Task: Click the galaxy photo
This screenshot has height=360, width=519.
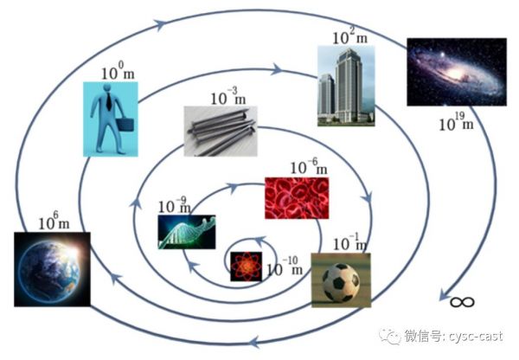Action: [x=457, y=72]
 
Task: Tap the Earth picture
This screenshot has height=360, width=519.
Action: [x=52, y=269]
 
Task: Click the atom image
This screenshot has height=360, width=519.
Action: [x=246, y=267]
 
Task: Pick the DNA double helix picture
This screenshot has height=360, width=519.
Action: [x=187, y=232]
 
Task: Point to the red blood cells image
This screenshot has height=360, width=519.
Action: [x=297, y=198]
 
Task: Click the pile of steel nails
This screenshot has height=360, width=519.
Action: [x=221, y=132]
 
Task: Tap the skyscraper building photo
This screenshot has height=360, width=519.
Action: [x=346, y=86]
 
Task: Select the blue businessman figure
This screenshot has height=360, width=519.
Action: [x=111, y=119]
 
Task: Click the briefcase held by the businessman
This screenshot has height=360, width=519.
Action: [x=125, y=125]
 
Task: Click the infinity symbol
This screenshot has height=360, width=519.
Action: [x=462, y=302]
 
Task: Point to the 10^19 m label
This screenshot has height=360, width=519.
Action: [x=456, y=122]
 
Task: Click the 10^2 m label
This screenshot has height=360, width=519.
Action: [x=349, y=36]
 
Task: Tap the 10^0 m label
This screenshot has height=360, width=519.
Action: [x=118, y=71]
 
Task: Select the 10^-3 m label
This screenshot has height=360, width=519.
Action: [x=228, y=96]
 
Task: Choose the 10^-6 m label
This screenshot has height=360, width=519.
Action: [x=309, y=167]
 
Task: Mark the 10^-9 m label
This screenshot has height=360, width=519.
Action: [x=175, y=205]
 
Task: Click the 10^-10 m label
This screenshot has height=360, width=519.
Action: [x=285, y=267]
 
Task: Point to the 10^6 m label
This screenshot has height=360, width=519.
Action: [x=54, y=221]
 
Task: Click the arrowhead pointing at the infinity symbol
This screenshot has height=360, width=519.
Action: [x=445, y=295]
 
